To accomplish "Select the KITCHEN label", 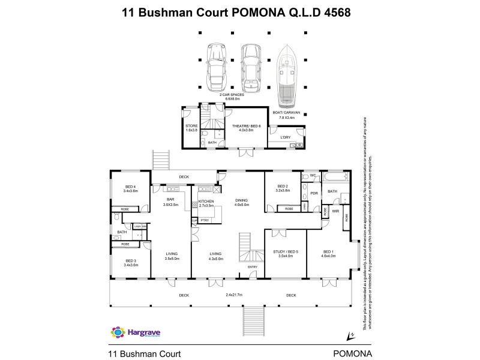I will coord(205,202).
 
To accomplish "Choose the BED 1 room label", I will coord(329,251).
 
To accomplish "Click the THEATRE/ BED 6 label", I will coord(244,125).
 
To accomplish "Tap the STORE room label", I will coord(191,125).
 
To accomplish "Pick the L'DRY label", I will coord(286,137).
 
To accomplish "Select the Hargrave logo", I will coord(134,332).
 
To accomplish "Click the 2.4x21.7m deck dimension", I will coord(235,295).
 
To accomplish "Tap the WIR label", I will coord(335,211).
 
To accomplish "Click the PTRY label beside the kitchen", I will coord(204,220).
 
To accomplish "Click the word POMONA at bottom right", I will coord(352,353).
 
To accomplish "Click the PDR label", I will coord(314,193).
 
